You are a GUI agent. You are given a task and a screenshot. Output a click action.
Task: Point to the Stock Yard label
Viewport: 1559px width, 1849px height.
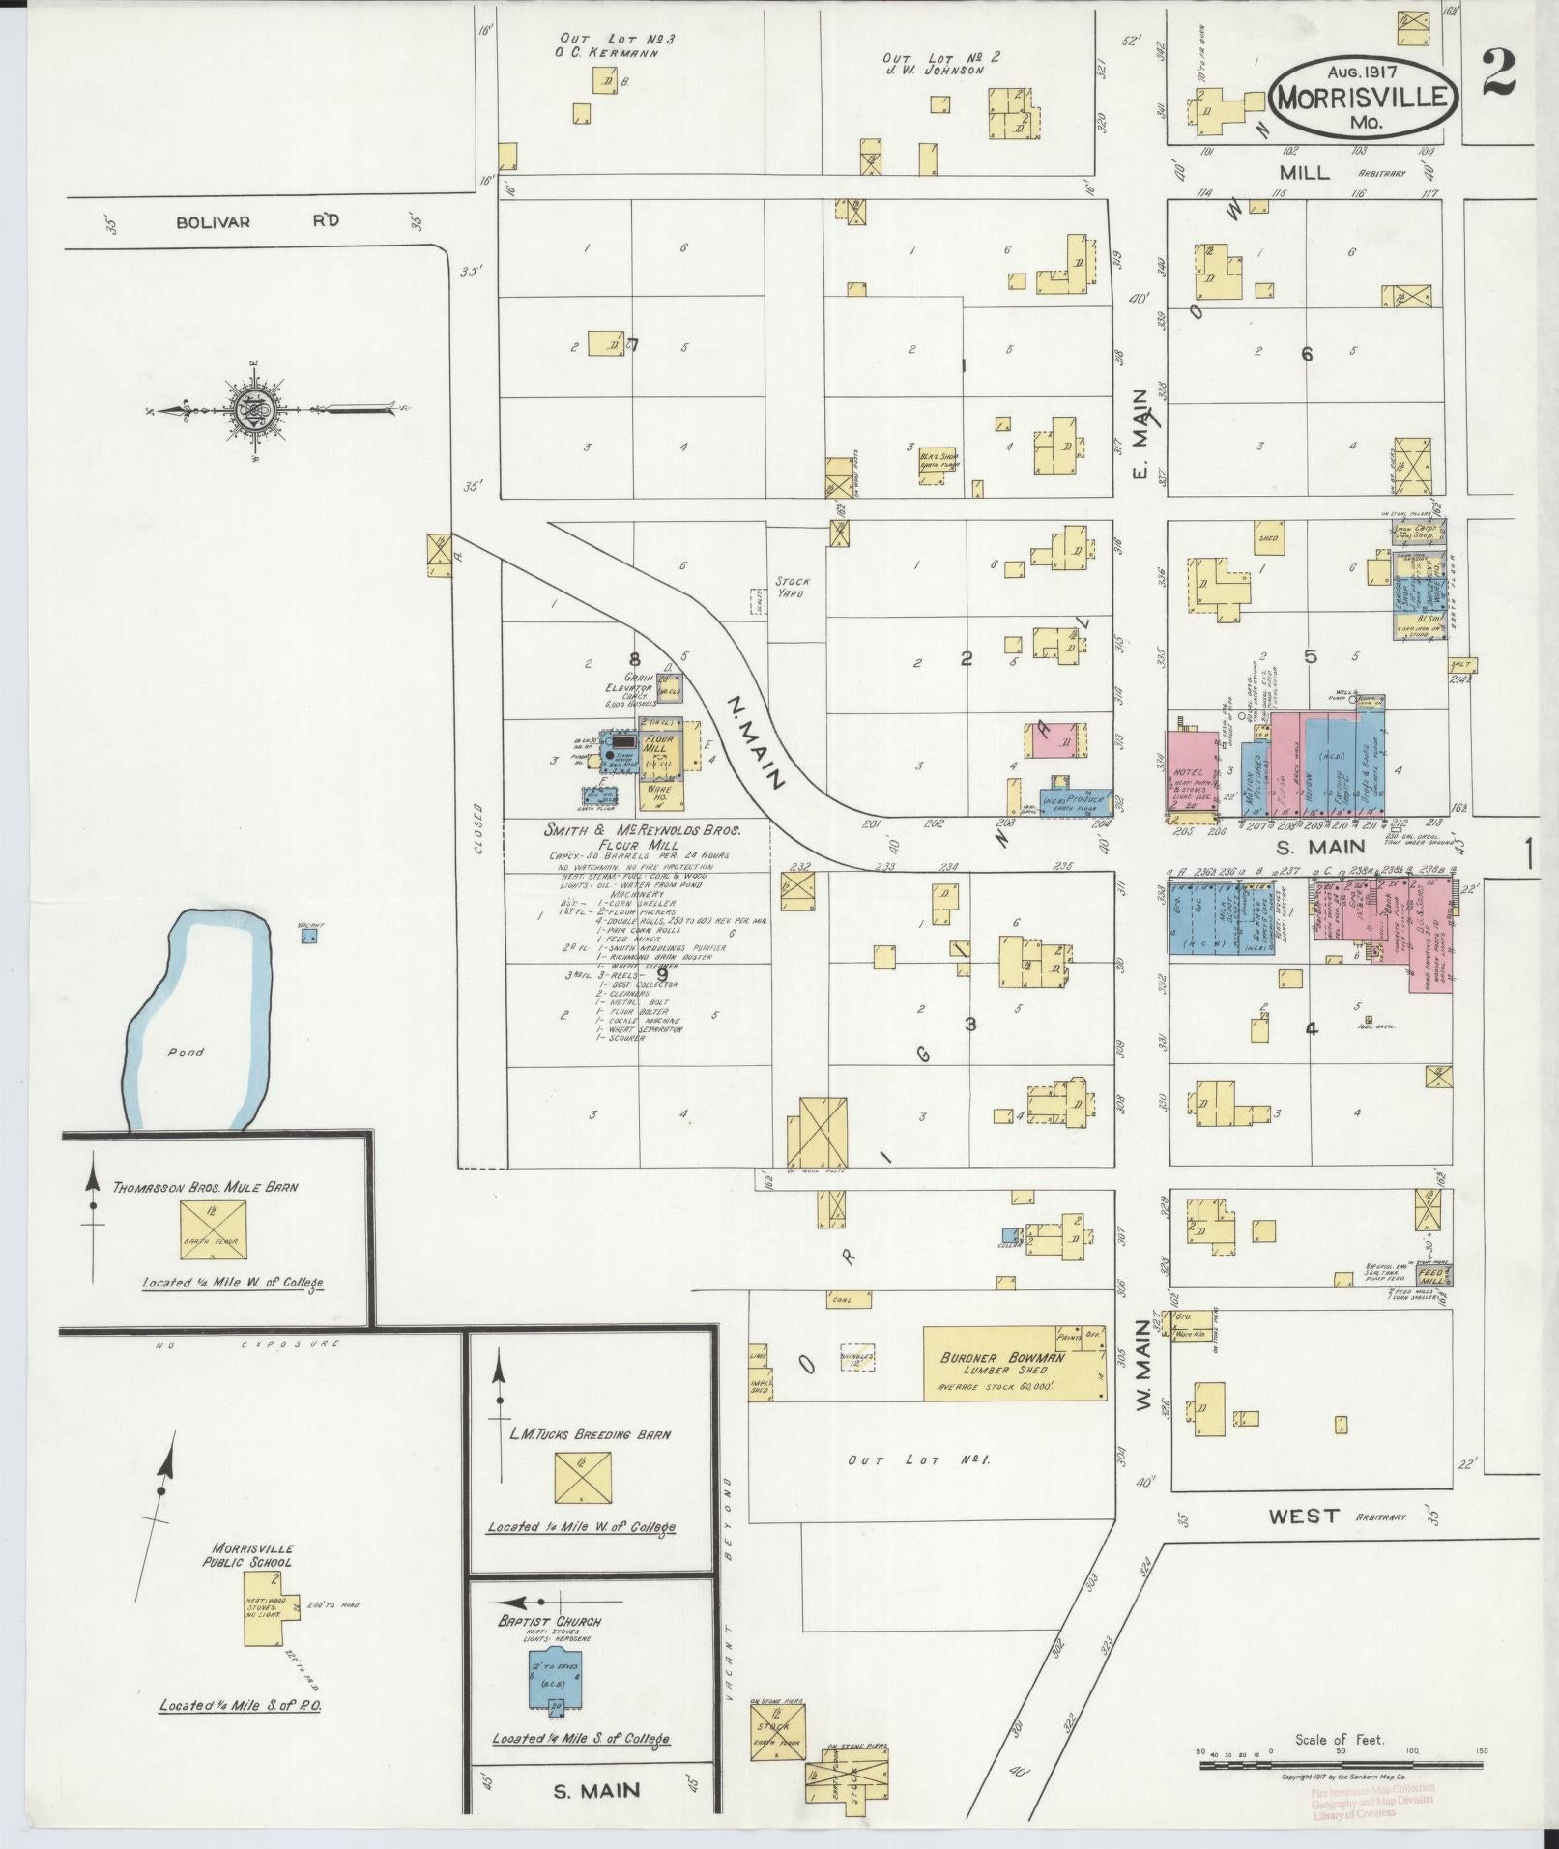[793, 588]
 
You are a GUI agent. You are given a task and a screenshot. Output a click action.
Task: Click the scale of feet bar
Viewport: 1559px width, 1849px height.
[1340, 1765]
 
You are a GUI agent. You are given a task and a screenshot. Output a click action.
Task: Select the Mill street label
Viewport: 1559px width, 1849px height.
[1304, 173]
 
